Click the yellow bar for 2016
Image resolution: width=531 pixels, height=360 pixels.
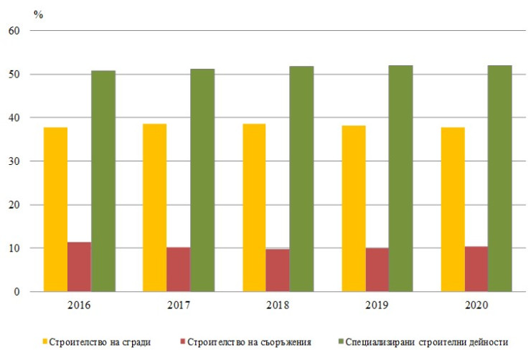(55, 209)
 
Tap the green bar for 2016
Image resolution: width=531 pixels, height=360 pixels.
(103, 181)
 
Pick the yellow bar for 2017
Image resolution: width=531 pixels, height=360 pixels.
(154, 208)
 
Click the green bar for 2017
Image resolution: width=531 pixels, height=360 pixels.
(202, 180)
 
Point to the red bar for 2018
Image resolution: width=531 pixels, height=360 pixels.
(278, 270)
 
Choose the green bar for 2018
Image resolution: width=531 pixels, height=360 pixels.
(301, 179)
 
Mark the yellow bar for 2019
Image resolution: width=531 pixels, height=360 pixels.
(353, 209)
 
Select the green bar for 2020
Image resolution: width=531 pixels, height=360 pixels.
(499, 179)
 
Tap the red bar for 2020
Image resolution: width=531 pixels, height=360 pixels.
(476, 269)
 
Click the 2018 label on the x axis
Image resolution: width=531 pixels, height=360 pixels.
(278, 305)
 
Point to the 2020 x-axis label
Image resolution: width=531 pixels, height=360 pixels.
(476, 305)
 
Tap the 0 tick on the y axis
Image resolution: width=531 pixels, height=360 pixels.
(17, 292)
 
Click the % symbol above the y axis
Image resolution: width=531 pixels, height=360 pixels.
(39, 14)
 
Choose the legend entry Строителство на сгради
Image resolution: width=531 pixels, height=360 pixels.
(100, 341)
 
